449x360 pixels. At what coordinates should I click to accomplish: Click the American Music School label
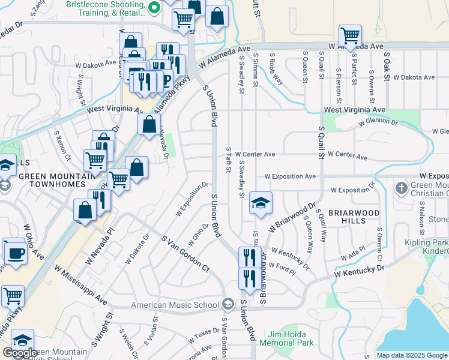point(175,305)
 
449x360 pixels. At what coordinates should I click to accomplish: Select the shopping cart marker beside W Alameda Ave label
point(349,35)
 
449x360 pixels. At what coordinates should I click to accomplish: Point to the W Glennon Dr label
point(378,122)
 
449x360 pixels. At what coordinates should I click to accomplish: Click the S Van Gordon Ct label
point(185,253)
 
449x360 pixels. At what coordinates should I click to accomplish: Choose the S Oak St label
point(387,66)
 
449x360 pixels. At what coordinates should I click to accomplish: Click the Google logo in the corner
point(20,353)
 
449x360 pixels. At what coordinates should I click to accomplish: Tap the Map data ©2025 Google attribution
point(412,355)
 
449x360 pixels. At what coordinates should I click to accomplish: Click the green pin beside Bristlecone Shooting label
point(153,8)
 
